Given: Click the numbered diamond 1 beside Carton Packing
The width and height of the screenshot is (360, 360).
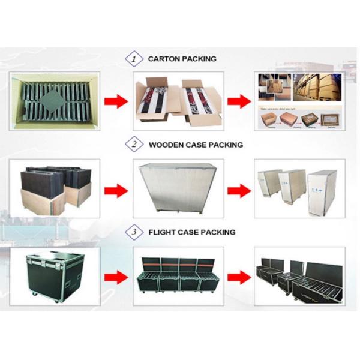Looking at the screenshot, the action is [134, 59].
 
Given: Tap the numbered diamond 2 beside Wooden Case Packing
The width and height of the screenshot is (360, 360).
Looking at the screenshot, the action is [134, 145].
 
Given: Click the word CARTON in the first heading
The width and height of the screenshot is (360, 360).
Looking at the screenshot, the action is [163, 59].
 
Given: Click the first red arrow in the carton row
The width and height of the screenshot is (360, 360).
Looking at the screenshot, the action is [116, 101].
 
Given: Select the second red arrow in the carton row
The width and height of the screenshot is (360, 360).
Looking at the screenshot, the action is [239, 101].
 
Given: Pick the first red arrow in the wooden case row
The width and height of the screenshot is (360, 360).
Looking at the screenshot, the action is [116, 191].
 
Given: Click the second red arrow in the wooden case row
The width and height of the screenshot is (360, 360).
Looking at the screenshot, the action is [239, 191].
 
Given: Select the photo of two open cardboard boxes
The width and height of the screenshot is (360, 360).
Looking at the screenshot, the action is [178, 101].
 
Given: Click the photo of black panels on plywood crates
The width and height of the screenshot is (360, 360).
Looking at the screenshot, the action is [55, 188].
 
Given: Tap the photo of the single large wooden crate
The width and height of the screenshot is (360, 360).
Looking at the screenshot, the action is [178, 188].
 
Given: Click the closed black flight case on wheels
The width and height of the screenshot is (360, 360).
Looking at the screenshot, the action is [55, 274].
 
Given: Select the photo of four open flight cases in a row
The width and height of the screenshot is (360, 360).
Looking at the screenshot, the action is [178, 275].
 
